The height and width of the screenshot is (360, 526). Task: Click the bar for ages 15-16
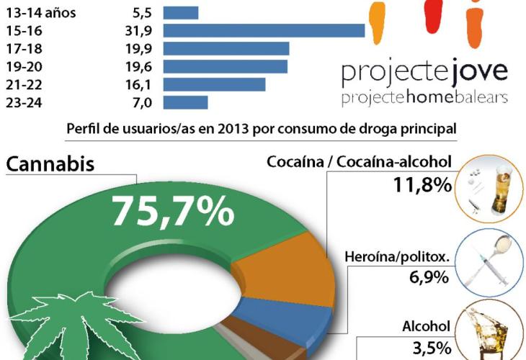[264, 30]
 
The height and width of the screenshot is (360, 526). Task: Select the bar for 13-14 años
[181, 13]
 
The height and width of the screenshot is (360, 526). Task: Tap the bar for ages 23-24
[186, 102]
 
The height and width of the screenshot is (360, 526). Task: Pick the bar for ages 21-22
[214, 84]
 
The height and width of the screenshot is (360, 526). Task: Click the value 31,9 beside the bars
[137, 30]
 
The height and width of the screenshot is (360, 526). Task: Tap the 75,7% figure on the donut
[172, 211]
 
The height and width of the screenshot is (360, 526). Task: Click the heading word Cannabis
[50, 164]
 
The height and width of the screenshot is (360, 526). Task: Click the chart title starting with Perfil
[261, 129]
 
